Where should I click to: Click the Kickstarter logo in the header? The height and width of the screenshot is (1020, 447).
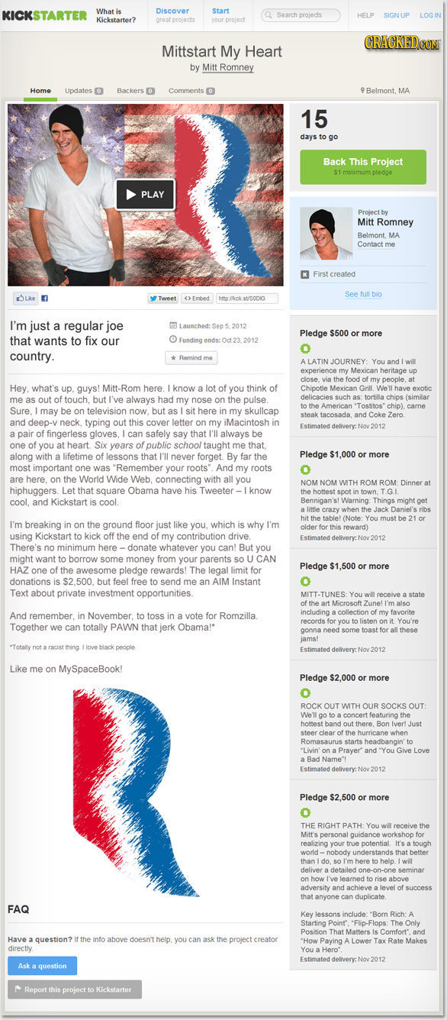pyautogui.click(x=45, y=15)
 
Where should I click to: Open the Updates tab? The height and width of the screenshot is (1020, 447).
pyautogui.click(x=84, y=91)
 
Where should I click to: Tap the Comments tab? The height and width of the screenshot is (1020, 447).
pyautogui.click(x=191, y=91)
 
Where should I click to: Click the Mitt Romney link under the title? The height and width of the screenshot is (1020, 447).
pyautogui.click(x=227, y=68)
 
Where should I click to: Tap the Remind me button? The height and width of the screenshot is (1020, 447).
pyautogui.click(x=192, y=357)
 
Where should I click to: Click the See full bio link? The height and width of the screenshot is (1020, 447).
pyautogui.click(x=363, y=294)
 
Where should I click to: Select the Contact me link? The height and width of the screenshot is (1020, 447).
pyautogui.click(x=376, y=244)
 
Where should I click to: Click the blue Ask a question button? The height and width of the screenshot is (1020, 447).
pyautogui.click(x=42, y=966)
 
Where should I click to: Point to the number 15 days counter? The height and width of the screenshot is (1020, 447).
pyautogui.click(x=314, y=120)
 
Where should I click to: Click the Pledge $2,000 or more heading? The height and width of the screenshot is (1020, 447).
pyautogui.click(x=344, y=678)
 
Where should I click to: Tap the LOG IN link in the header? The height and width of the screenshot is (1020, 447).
pyautogui.click(x=431, y=15)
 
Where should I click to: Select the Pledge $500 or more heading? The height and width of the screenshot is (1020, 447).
pyautogui.click(x=341, y=334)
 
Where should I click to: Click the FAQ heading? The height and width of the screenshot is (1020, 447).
pyautogui.click(x=18, y=909)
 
